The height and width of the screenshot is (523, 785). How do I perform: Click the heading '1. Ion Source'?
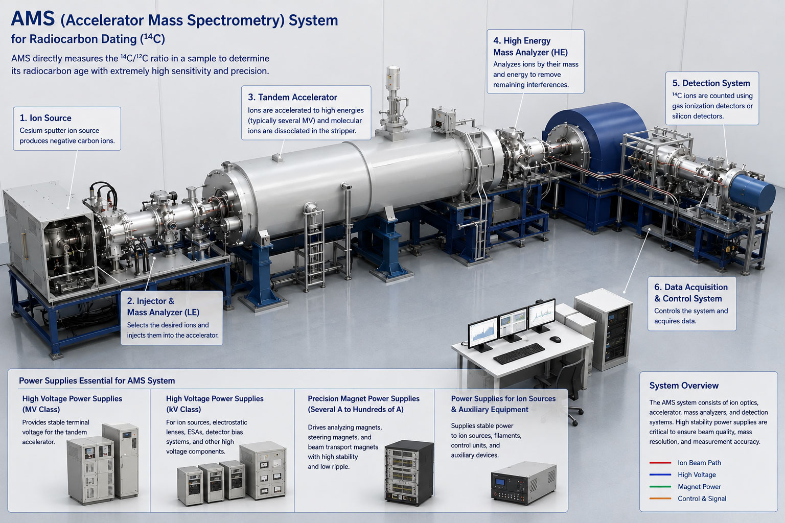click(x=45, y=118)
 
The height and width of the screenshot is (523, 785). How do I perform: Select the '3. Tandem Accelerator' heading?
click(x=292, y=98)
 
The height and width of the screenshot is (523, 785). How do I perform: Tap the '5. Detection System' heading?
click(x=711, y=83)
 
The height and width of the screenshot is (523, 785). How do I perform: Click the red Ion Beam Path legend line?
click(x=660, y=463)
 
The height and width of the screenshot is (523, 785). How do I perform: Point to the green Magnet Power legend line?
click(x=660, y=487)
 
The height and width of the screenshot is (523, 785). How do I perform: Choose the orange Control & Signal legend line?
click(x=660, y=498)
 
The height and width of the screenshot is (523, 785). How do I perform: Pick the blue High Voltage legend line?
click(x=660, y=474)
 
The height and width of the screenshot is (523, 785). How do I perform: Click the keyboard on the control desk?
click(x=519, y=353)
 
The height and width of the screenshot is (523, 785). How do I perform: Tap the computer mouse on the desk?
click(x=555, y=339)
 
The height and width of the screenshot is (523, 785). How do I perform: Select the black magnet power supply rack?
click(x=409, y=472)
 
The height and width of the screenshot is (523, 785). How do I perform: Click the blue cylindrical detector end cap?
click(x=753, y=193)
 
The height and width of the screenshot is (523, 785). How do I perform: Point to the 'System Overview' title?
click(x=684, y=386)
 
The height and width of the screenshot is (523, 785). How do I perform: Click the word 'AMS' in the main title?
click(x=33, y=19)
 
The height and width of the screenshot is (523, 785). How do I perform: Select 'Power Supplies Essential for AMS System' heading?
click(x=97, y=381)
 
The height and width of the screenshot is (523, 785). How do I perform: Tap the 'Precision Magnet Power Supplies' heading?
click(x=363, y=399)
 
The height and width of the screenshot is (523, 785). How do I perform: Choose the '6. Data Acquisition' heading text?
click(x=691, y=287)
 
